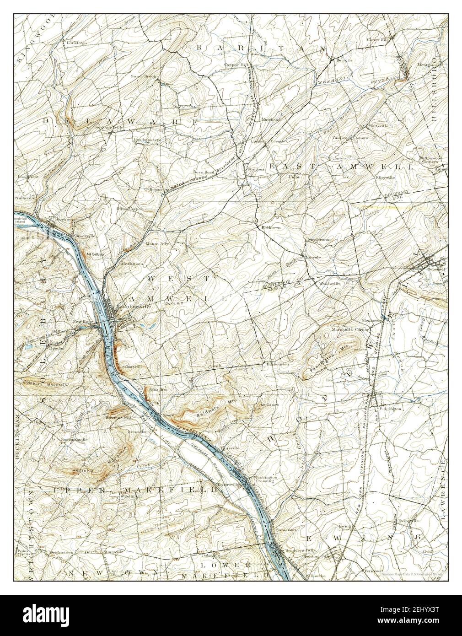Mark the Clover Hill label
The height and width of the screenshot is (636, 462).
point(376,40)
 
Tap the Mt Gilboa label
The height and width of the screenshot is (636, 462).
point(95,253)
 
